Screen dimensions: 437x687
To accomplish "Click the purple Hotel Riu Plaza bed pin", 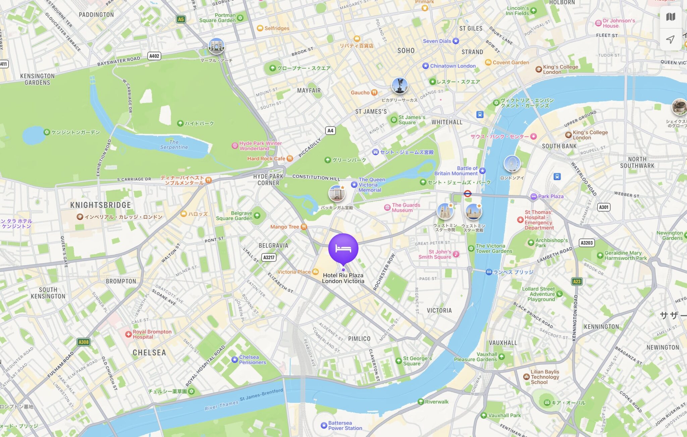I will tap(343, 248).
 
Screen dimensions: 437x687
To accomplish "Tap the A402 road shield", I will tap(154, 56).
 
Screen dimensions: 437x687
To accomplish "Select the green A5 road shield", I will tap(181, 19).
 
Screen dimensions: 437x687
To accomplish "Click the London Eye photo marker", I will tap(512, 164).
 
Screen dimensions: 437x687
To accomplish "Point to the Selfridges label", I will tap(276, 28).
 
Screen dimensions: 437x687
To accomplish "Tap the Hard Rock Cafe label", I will tap(266, 159).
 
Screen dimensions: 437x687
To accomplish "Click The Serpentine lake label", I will tap(174, 145).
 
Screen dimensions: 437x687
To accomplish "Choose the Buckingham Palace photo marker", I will tap(336, 193).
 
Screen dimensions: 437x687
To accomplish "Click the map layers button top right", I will tap(670, 17).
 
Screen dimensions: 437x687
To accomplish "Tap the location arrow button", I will tap(670, 40).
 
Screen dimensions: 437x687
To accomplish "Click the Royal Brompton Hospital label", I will tap(152, 334).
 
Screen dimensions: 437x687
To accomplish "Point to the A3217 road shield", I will tap(269, 258).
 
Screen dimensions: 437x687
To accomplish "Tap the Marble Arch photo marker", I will tap(216, 46).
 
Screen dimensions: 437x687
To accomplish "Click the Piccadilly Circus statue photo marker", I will tap(400, 86).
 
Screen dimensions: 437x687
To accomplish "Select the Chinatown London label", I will tap(453, 66).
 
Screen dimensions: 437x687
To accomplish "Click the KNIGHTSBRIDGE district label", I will tap(100, 205).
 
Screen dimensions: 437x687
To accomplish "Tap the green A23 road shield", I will tap(577, 281).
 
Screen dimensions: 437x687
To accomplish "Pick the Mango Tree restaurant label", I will tap(284, 227).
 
